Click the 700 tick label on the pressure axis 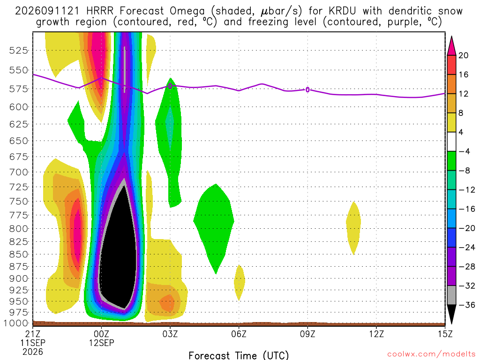[18, 172]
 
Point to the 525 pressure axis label [18, 50]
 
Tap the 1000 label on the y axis [16, 323]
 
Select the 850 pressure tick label [18, 254]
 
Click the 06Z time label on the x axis [239, 334]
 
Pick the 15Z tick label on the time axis [445, 334]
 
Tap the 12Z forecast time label [376, 334]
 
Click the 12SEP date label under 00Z [102, 343]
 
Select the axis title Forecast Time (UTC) [239, 355]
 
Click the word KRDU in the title [342, 11]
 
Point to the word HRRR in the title [100, 11]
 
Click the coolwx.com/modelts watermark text [431, 354]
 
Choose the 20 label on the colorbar [464, 55]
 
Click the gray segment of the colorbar [451, 295]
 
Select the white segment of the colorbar [451, 142]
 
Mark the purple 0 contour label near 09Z [307, 90]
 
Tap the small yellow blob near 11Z [353, 228]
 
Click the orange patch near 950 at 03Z [167, 303]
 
